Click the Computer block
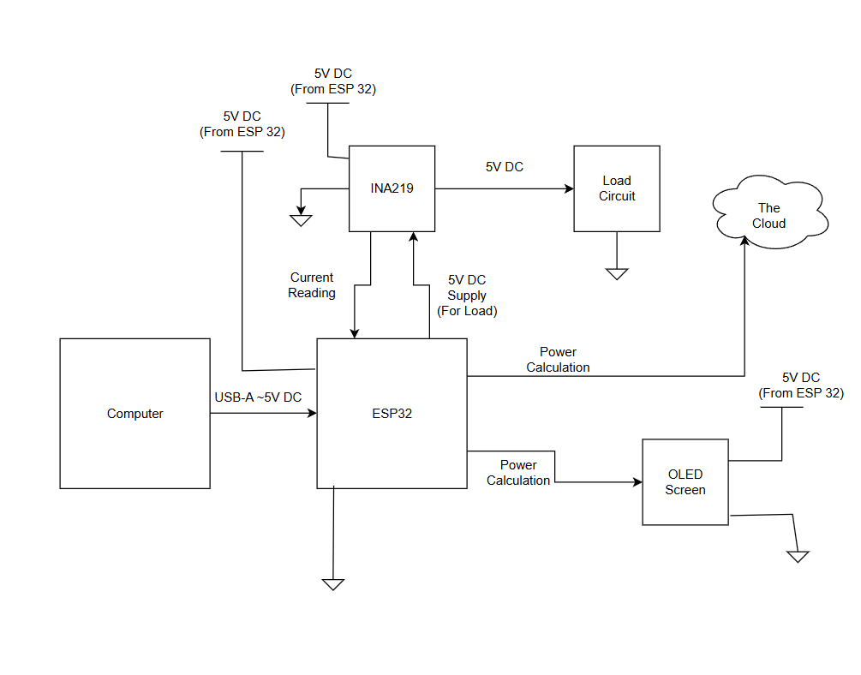(x=135, y=414)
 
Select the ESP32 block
(x=392, y=414)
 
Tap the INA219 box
(x=392, y=188)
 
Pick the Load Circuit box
(x=617, y=188)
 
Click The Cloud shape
(x=769, y=214)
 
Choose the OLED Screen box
(x=685, y=481)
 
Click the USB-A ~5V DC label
(x=258, y=397)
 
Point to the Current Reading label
(x=312, y=285)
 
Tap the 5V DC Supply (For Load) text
(x=467, y=296)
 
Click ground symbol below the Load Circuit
(x=617, y=273)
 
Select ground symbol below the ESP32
(x=333, y=584)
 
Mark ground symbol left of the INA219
(x=301, y=220)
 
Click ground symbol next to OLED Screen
(x=798, y=556)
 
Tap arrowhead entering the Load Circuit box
(x=568, y=188)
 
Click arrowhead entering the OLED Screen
(x=637, y=482)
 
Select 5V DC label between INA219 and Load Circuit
(x=505, y=167)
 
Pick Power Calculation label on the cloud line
(x=558, y=360)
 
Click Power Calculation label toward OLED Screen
(x=518, y=473)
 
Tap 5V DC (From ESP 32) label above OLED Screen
(x=801, y=385)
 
